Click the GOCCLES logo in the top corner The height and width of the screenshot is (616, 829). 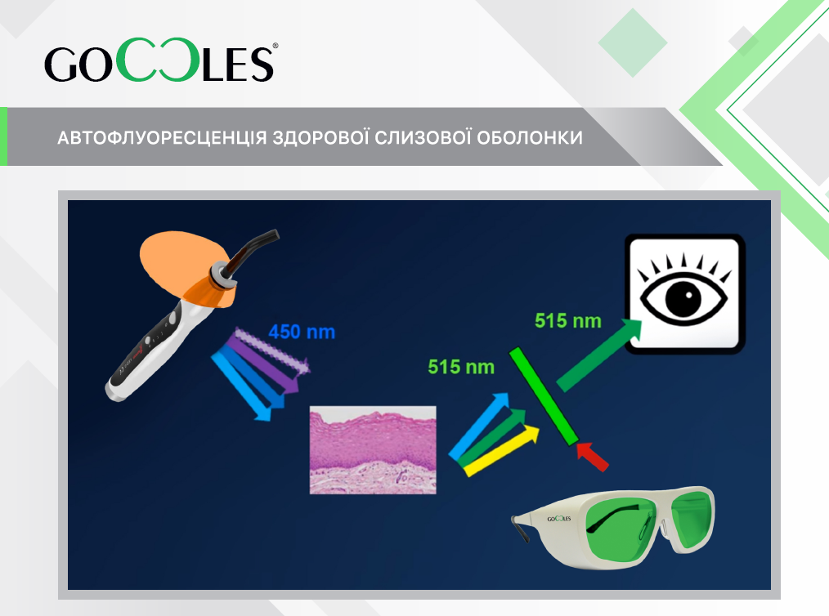161,60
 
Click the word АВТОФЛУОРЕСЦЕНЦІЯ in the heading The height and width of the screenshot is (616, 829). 162,138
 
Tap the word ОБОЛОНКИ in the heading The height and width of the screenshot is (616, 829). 530,138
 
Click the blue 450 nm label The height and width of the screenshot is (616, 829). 302,332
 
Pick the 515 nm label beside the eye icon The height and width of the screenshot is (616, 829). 568,321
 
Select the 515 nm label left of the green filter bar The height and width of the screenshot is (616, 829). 461,367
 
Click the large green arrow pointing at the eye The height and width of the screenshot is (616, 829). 599,355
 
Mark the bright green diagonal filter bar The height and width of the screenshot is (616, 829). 544,395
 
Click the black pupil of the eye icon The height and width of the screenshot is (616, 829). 683,297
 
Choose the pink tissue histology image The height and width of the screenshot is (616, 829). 373,450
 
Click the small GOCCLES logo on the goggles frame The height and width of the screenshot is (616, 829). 559,519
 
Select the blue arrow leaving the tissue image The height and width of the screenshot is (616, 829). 479,426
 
